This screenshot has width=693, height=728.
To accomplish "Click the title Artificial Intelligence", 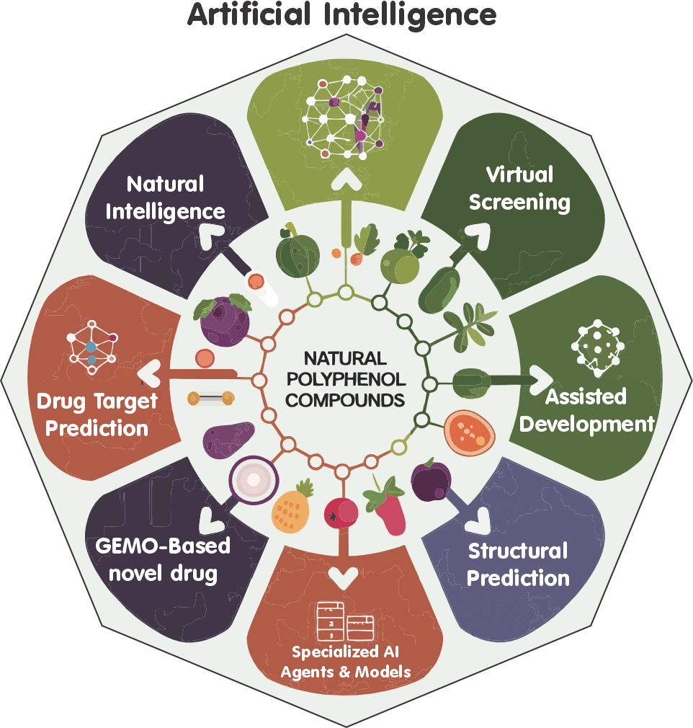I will tap(342, 14).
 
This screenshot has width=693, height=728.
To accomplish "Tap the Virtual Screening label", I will tap(519, 188).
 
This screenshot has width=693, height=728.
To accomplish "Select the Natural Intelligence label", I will tap(166, 197).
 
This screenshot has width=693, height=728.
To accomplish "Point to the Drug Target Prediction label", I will tap(97, 414).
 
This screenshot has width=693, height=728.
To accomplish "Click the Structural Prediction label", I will tap(518, 564).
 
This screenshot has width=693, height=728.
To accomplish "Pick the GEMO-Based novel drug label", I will tap(163, 559).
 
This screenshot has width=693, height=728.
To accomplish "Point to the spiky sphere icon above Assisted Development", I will tap(596, 347).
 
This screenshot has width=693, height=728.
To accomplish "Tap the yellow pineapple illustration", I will tap(292, 505).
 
